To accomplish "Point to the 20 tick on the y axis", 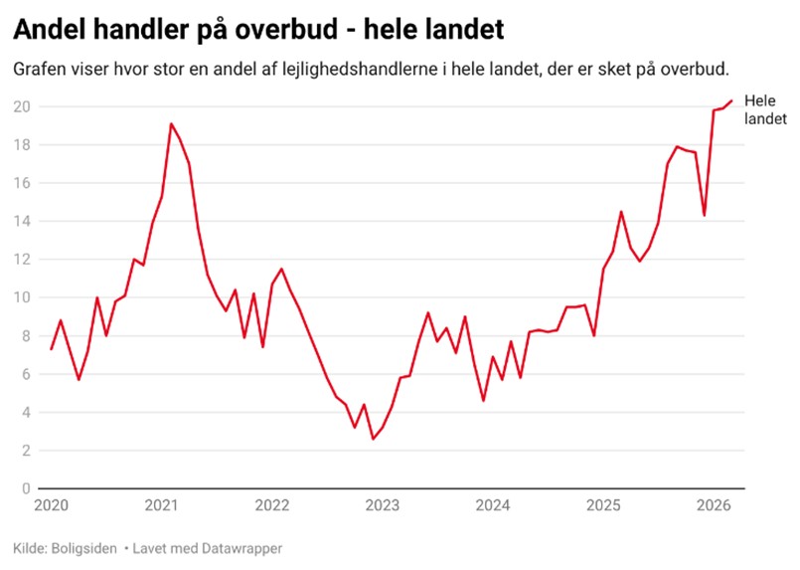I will click(x=21, y=106).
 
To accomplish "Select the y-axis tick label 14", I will click(x=21, y=221).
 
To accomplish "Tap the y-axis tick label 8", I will click(x=25, y=336).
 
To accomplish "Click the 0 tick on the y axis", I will click(x=25, y=488).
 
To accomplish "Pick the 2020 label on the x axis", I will click(x=50, y=505).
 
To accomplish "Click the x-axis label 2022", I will click(x=271, y=505).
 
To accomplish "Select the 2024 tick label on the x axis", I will click(x=493, y=505).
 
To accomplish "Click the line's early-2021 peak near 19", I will click(x=171, y=124).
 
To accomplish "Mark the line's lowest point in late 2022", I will click(x=373, y=439).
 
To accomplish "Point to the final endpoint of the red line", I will click(x=732, y=100).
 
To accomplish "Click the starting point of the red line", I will click(x=51, y=349).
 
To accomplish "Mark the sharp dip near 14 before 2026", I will click(x=704, y=215).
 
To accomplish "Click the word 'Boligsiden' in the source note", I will click(x=80, y=548).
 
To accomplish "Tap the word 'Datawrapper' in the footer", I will click(x=241, y=548).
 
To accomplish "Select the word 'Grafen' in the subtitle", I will click(x=39, y=70).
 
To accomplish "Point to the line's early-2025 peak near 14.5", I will click(x=620, y=212).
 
